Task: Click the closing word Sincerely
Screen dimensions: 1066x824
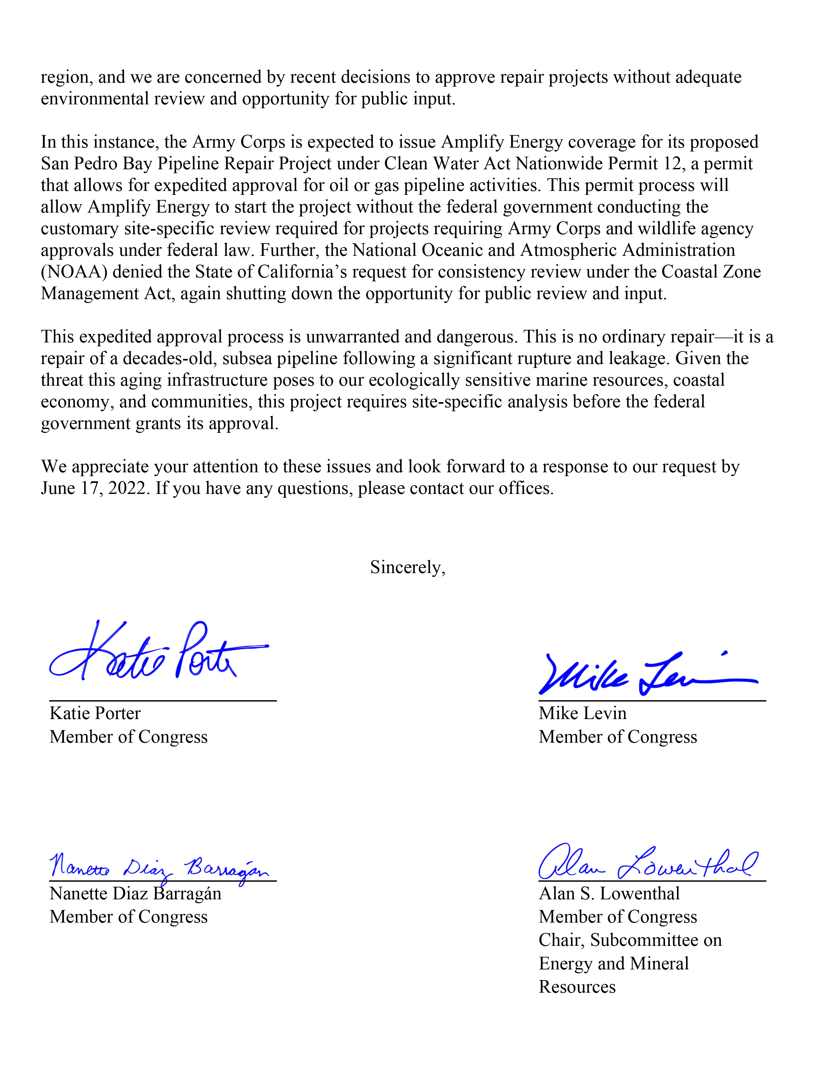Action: pos(407,567)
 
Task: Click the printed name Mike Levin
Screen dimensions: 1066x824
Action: pos(582,714)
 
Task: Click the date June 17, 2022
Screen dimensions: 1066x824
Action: pos(93,488)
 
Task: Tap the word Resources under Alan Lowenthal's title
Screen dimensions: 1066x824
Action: pos(577,987)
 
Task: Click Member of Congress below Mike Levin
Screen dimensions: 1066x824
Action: pos(618,737)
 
